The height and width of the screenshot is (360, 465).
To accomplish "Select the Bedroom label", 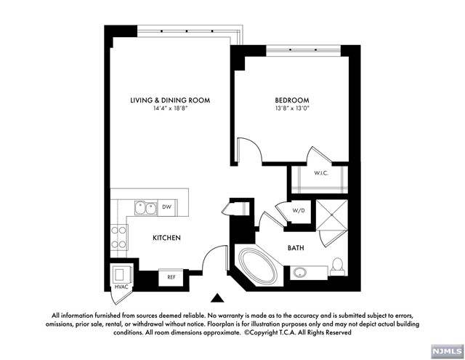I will pos(292,100).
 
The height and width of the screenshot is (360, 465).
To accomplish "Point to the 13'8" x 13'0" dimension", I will pos(292,109).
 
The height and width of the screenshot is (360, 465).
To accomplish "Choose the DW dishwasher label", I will pos(166,207).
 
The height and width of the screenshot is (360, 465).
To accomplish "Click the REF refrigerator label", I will pos(171,277).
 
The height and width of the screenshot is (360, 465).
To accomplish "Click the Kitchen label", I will pos(166,238).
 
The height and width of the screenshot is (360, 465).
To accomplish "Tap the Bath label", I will pos(296,248).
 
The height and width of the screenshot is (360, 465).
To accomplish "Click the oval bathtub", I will pos(257,266).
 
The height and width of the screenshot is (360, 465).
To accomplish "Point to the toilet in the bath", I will pos(338,268).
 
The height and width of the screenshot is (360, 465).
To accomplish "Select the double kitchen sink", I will pos(145,208).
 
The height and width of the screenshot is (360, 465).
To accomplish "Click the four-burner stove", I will pos(119,237).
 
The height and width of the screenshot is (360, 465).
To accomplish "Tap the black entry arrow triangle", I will pos(217,297).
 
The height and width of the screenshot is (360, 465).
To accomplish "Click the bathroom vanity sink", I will pos(300,273).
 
